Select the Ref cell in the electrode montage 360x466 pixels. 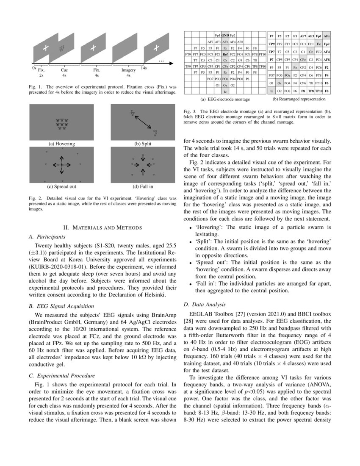225,54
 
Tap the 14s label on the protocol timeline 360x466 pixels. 144,68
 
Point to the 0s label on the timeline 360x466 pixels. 34,68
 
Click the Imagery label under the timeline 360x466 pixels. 128,70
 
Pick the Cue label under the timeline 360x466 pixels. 64,70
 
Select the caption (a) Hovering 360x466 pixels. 62,144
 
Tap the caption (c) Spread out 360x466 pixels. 62,186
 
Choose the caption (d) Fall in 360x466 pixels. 143,186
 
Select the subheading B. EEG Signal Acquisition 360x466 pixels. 61,305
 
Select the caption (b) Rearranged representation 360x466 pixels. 299,99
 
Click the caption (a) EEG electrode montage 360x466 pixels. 225,99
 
